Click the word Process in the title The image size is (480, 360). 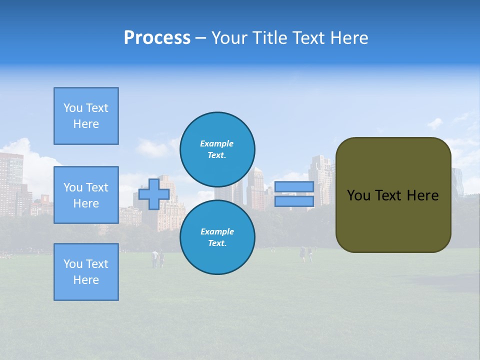tap(157, 38)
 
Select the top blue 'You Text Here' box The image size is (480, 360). tap(86, 116)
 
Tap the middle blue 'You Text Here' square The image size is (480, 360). tap(86, 195)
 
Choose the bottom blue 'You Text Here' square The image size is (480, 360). tap(86, 271)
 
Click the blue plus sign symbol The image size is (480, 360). tap(154, 194)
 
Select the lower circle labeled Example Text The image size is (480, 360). tap(217, 237)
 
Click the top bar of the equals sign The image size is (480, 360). tap(294, 187)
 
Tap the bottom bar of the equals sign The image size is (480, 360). tap(294, 201)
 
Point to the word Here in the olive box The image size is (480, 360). tap(423, 195)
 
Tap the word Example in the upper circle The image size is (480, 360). tap(217, 143)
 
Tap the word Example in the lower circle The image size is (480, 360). tap(217, 231)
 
